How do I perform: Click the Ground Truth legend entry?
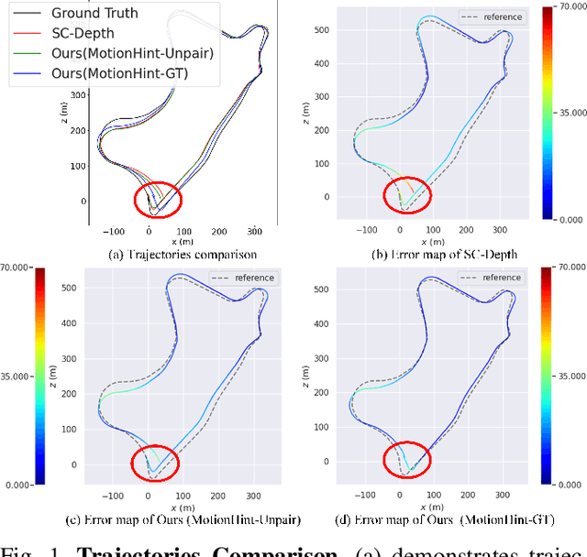(94, 13)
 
